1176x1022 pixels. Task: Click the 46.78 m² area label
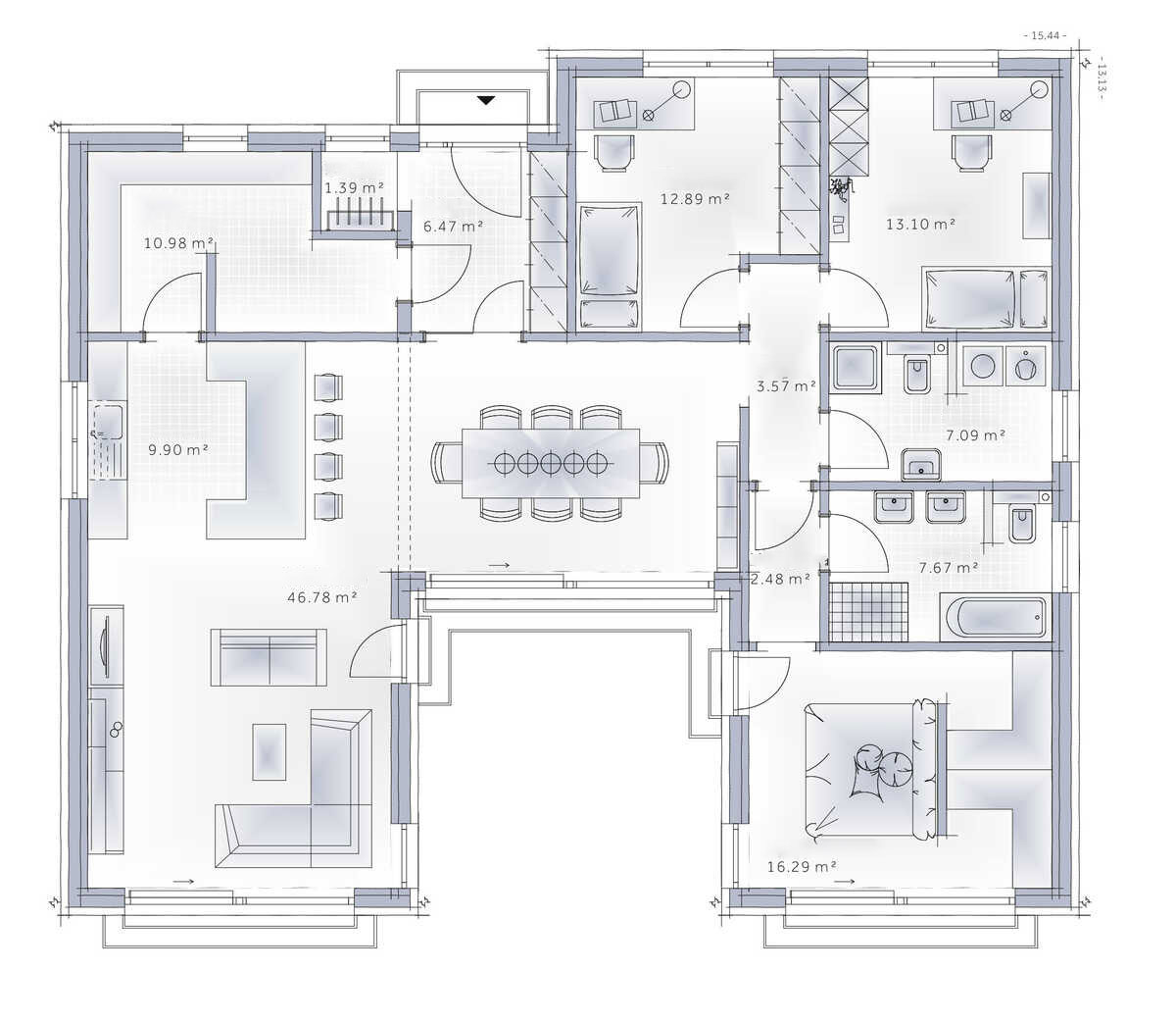tap(321, 597)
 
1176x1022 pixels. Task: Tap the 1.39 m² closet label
tap(354, 188)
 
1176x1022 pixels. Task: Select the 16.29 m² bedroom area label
tap(802, 866)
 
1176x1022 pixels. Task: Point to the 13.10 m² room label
tap(920, 225)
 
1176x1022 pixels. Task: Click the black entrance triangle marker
tap(486, 101)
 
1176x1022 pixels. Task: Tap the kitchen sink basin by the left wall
tap(108, 422)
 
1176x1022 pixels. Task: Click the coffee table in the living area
tap(269, 751)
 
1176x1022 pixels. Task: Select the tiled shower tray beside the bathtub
tap(869, 611)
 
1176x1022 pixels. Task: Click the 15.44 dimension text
tap(1045, 35)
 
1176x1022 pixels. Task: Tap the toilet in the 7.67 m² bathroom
tap(1022, 525)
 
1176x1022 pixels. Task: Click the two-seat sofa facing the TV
tap(269, 657)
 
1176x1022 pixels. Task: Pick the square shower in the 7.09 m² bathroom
tap(857, 368)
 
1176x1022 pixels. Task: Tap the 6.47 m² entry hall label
tap(453, 227)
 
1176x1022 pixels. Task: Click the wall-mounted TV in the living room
tap(106, 646)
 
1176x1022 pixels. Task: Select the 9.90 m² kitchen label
tap(178, 450)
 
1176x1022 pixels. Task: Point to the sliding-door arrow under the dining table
tap(500, 566)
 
